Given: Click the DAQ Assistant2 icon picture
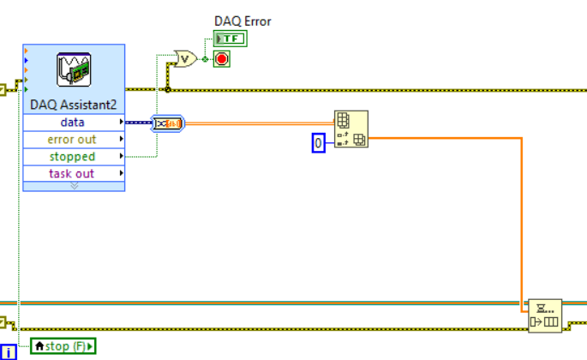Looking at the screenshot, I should [73, 71].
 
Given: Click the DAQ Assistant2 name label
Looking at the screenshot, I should [73, 105].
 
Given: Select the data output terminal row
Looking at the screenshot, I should [73, 123].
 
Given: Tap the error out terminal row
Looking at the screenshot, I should [73, 140].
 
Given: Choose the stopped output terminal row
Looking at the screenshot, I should [73, 157].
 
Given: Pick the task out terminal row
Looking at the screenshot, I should [73, 174].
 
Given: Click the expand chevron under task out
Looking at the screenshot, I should [73, 185].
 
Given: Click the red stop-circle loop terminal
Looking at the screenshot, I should [222, 59].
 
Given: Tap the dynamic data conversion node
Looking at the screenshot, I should [166, 124].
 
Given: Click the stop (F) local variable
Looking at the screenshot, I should [63, 346].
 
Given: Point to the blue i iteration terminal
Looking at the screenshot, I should [8, 351].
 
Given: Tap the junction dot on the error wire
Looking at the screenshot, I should [167, 89].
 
